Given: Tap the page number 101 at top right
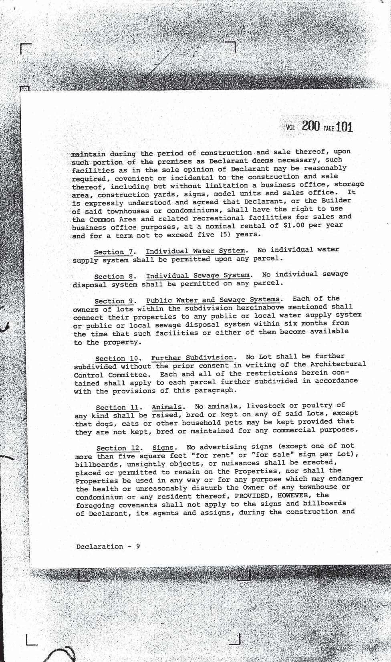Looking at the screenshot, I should [x=344, y=127].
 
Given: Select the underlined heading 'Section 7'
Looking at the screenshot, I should [x=113, y=252].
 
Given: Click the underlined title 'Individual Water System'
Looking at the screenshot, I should [x=195, y=251].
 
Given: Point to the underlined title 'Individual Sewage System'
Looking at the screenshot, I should [x=198, y=276].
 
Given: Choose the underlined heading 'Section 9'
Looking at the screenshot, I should [x=114, y=301].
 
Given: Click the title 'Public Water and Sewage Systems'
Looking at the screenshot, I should [x=213, y=300].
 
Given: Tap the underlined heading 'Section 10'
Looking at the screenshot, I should [x=117, y=359].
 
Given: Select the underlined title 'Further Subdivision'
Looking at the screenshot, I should [x=192, y=357].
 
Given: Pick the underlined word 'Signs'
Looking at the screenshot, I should [x=163, y=448].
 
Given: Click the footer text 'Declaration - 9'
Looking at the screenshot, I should [x=108, y=547].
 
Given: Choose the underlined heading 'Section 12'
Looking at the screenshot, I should [x=117, y=448].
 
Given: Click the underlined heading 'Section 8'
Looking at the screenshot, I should [x=113, y=277].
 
